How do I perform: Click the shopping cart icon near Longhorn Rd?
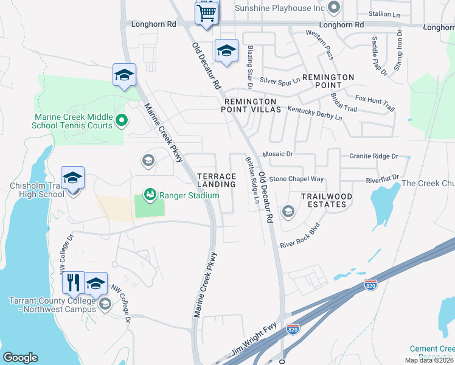(x=207, y=12)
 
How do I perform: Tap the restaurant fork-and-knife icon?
(x=73, y=282)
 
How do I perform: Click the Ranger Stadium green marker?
(x=149, y=195)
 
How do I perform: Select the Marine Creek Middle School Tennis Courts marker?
(x=120, y=120)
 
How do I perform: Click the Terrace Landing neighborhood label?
(x=217, y=180)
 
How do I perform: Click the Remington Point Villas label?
(x=252, y=105)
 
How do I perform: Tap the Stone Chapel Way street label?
(x=297, y=179)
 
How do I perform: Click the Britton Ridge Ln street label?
(x=252, y=181)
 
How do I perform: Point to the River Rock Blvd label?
(x=299, y=237)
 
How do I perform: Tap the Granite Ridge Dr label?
(x=373, y=156)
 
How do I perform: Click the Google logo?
(x=20, y=358)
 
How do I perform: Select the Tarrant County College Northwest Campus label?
(x=52, y=305)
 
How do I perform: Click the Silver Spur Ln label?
(x=280, y=80)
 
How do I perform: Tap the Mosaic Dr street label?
(x=278, y=155)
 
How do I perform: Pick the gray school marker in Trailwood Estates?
(x=288, y=211)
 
